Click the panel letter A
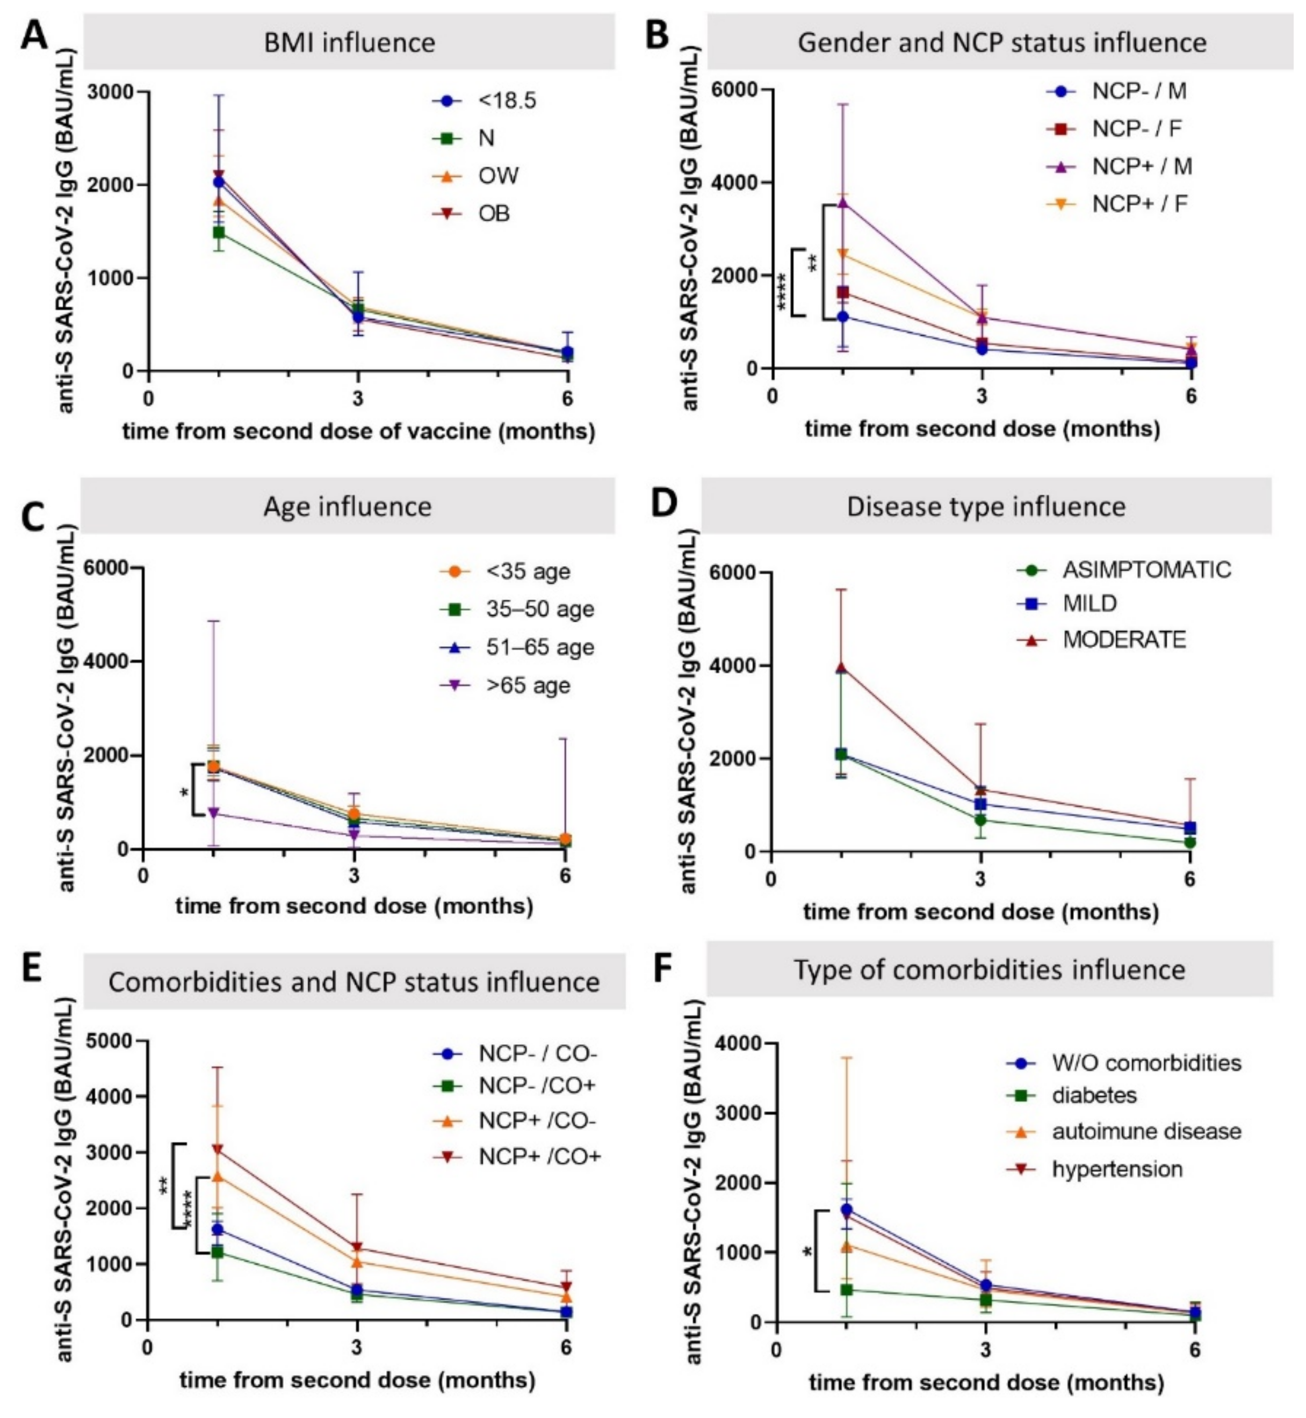(33, 35)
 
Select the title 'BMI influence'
(349, 42)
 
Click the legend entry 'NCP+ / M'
(1141, 166)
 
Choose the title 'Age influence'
(347, 507)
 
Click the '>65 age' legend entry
(527, 685)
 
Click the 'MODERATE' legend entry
(1124, 639)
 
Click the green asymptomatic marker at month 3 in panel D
(980, 820)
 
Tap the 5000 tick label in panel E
(110, 1041)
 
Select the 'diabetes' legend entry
(1094, 1095)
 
